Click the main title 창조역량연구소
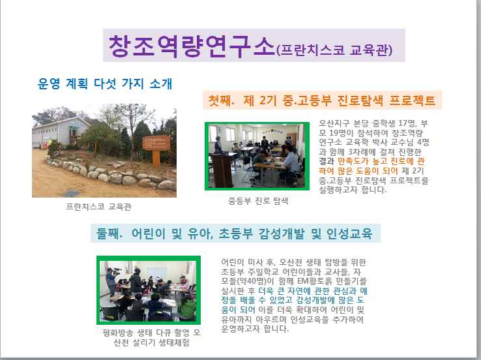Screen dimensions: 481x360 192,46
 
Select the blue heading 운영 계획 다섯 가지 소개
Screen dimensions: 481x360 104,83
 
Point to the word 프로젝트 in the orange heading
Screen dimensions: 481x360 412,100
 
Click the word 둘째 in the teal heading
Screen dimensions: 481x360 109,233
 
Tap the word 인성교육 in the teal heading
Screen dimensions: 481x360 349,233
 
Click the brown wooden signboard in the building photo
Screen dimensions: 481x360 156,143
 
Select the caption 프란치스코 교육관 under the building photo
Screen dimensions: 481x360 99,207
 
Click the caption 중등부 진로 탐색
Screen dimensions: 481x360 258,201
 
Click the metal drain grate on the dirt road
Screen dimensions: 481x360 71,193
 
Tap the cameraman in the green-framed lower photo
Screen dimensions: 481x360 111,282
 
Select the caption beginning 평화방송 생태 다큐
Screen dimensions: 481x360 152,338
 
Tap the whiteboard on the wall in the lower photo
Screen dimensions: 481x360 157,273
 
